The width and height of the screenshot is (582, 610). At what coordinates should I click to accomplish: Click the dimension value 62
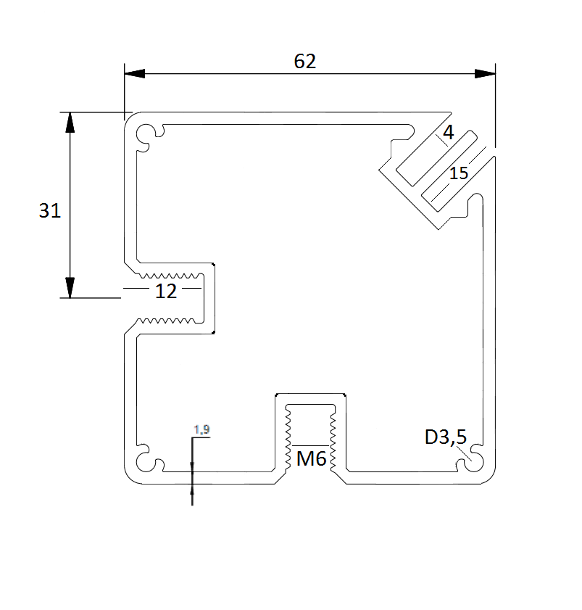click(305, 62)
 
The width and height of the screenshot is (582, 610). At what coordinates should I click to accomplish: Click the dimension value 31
click(49, 211)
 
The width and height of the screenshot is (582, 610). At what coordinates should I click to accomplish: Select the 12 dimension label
click(165, 292)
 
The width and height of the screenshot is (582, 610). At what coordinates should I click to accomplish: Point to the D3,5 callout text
click(445, 437)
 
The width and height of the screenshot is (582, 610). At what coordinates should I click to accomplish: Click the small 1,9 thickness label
click(201, 430)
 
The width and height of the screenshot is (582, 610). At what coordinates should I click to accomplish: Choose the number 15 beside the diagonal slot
click(458, 173)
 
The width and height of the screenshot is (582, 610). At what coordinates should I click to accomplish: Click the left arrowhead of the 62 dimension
click(135, 73)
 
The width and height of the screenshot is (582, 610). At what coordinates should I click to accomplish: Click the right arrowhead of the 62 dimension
click(485, 73)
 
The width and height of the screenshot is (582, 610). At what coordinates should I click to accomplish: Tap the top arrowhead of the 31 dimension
click(70, 123)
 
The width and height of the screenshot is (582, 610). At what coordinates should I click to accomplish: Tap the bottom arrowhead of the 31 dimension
click(70, 287)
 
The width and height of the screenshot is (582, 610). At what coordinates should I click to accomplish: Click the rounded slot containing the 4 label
click(435, 157)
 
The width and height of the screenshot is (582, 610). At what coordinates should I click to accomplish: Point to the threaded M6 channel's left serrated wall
click(288, 435)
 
